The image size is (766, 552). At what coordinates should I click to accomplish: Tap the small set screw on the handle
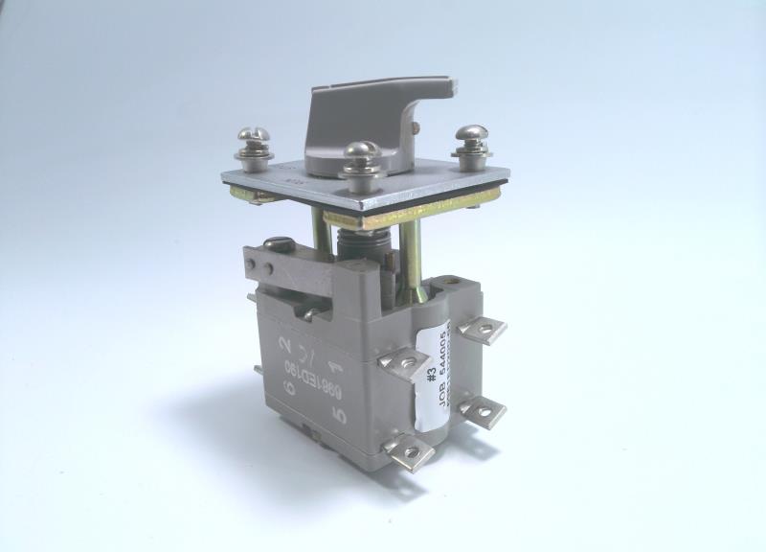pyautogui.click(x=415, y=123)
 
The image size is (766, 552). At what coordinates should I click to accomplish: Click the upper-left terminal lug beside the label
pyautogui.click(x=402, y=361)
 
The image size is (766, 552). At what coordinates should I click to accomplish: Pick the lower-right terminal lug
pyautogui.click(x=484, y=412)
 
